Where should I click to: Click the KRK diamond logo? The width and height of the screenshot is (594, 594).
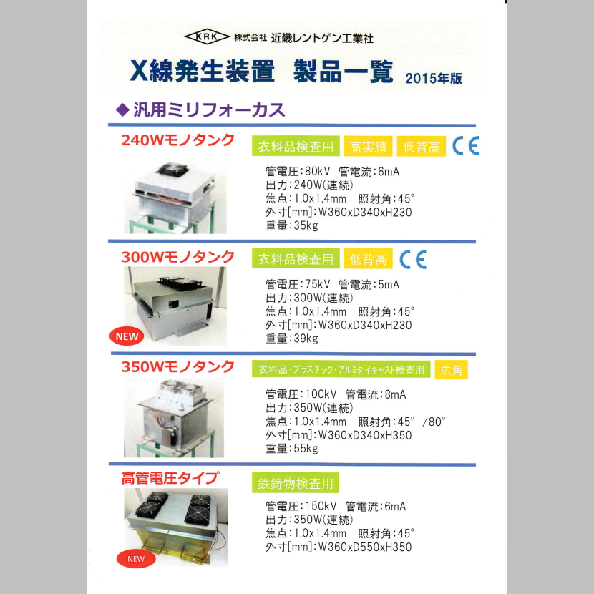tap(206, 37)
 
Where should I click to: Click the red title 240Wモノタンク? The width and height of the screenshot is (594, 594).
tap(178, 140)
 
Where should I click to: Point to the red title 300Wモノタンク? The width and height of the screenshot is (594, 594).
tap(178, 256)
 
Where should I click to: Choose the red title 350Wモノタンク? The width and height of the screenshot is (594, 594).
tap(178, 367)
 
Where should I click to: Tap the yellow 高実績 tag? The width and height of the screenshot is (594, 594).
tap(368, 147)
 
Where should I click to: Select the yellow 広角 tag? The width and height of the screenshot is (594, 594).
tap(452, 370)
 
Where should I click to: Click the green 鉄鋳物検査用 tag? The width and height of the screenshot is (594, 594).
tap(296, 483)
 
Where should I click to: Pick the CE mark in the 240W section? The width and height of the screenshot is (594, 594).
tap(465, 145)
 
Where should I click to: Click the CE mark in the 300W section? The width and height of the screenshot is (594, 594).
tap(412, 258)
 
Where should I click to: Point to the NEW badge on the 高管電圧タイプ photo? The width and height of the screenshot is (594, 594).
tap(135, 558)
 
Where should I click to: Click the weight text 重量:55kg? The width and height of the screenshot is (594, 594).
tap(291, 448)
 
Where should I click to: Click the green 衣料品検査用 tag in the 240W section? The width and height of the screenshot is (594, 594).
tap(296, 147)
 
